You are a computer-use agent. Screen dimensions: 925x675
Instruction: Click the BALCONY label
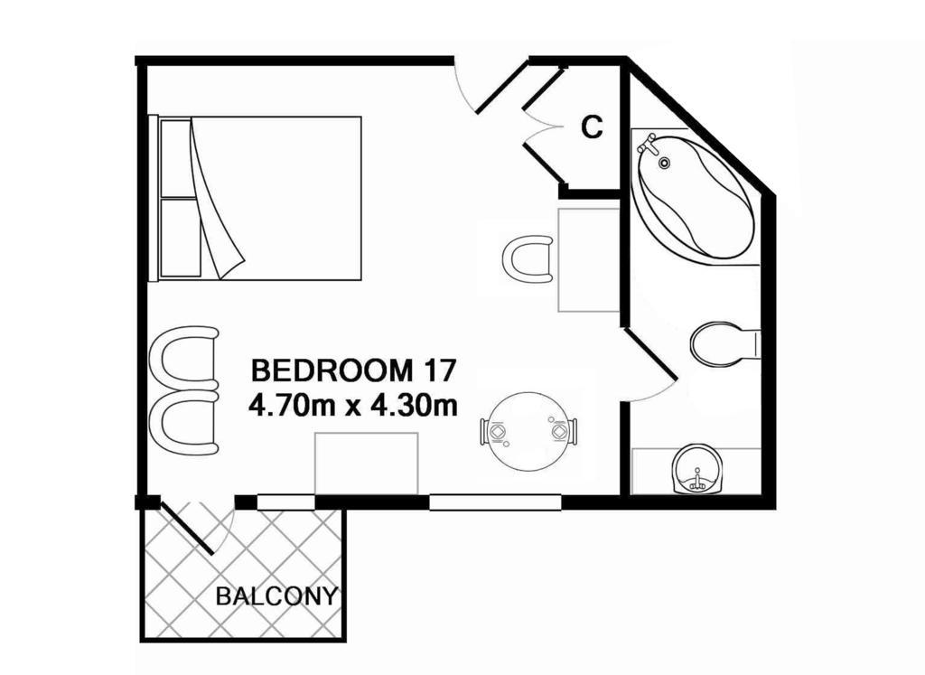[x=276, y=596]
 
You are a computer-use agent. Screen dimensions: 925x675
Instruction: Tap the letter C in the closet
[x=592, y=127]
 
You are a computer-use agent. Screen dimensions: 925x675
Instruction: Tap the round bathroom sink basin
[x=697, y=469]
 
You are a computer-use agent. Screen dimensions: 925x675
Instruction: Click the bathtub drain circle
[x=665, y=163]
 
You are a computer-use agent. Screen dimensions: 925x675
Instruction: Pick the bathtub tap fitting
[x=649, y=144]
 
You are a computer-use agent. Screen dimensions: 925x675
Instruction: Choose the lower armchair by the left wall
[x=184, y=423]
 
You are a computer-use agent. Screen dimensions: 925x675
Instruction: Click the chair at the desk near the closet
[x=528, y=259]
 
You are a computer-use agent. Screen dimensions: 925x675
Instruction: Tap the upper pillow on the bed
[x=177, y=158]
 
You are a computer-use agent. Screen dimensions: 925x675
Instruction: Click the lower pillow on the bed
[x=181, y=237]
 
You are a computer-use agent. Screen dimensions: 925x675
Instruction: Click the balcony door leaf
[x=186, y=528]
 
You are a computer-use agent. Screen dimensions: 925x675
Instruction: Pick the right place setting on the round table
[x=561, y=433]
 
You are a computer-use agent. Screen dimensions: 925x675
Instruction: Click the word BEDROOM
[x=332, y=370]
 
